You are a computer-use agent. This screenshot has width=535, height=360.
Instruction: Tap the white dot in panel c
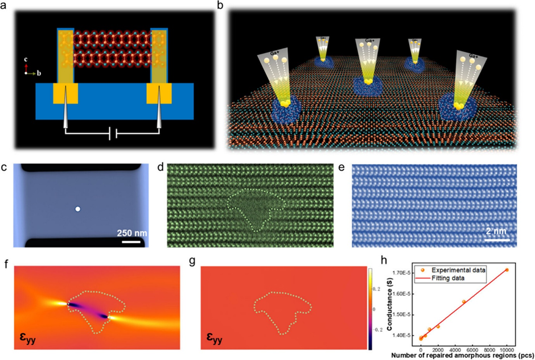coord(78,209)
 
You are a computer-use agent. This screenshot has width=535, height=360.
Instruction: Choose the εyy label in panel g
coord(212,343)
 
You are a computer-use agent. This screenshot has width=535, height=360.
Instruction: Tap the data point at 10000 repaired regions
coord(507,270)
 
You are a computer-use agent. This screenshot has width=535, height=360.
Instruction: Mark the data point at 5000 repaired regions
coord(464,301)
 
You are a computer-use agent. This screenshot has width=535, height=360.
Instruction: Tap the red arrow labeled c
coord(26,69)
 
